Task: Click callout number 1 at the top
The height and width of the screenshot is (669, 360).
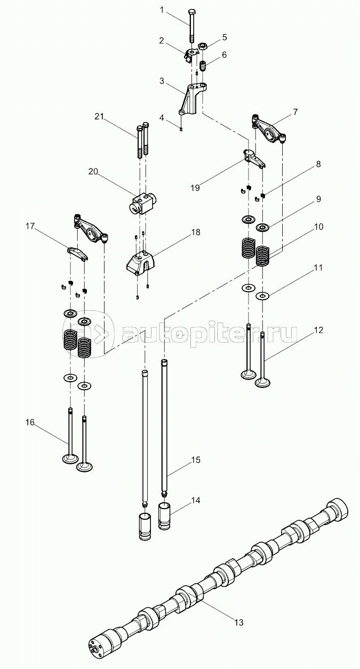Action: [x=163, y=10]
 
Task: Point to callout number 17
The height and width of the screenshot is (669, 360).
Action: [x=30, y=227]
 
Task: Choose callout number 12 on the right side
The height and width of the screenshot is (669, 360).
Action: [x=318, y=330]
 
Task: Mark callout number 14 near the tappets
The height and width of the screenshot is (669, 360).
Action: [x=196, y=501]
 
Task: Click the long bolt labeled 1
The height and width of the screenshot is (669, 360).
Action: [x=191, y=27]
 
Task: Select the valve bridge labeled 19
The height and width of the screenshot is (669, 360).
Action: [x=253, y=158]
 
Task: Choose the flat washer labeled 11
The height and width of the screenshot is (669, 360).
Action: [x=262, y=296]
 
